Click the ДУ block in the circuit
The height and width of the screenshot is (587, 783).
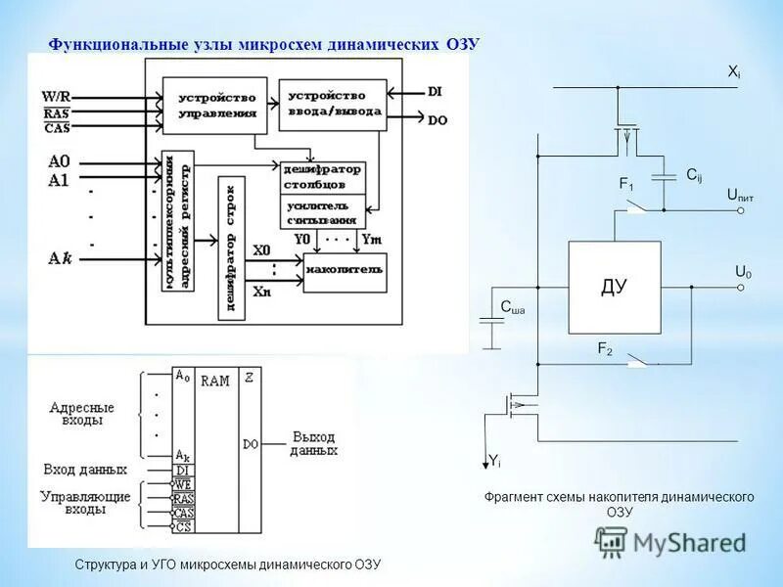614,287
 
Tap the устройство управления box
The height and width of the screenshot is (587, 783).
216,105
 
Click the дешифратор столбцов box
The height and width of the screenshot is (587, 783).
322,176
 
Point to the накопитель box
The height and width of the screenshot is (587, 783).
344,269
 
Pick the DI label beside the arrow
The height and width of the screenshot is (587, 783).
437,91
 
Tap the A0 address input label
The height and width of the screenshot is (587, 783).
60,161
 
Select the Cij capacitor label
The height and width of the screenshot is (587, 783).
694,175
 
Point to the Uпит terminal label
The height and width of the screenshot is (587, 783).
739,197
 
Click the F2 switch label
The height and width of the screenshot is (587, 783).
604,348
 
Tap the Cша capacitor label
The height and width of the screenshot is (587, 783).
512,308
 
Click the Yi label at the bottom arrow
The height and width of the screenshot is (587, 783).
494,460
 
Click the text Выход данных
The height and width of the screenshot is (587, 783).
313,443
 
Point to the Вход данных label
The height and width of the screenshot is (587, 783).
84,470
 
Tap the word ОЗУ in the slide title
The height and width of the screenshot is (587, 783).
464,44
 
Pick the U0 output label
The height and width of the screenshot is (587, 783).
744,271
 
